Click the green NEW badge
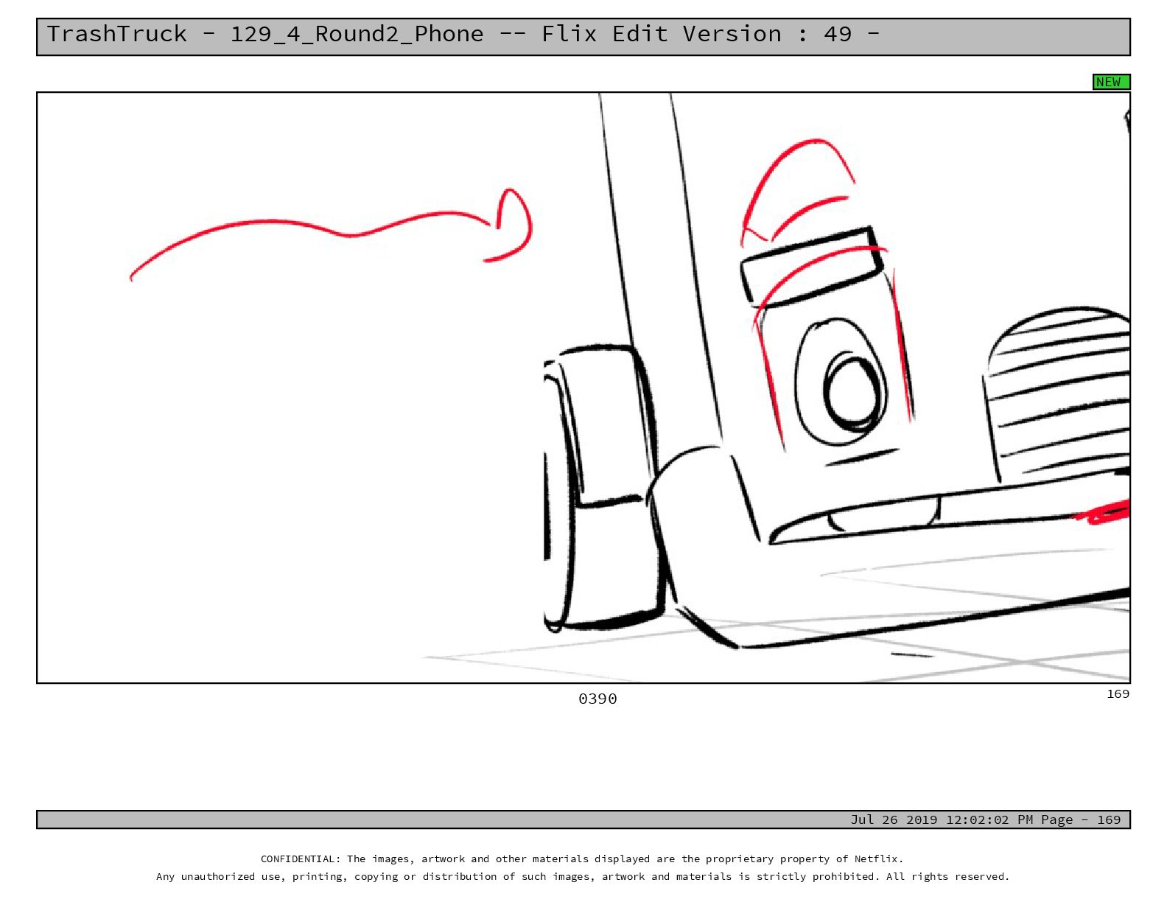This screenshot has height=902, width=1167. click(x=1111, y=82)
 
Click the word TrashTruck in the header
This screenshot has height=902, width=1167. click(x=116, y=34)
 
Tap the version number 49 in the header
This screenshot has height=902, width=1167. click(x=837, y=34)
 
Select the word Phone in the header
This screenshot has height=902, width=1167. click(x=449, y=34)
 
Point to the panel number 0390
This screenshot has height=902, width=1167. click(x=597, y=699)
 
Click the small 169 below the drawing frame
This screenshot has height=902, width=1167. click(x=1118, y=693)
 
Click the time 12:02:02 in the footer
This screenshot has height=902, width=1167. click(x=978, y=819)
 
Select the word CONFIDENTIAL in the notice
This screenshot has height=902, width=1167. click(x=300, y=859)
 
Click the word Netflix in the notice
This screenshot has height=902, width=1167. click(x=879, y=859)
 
